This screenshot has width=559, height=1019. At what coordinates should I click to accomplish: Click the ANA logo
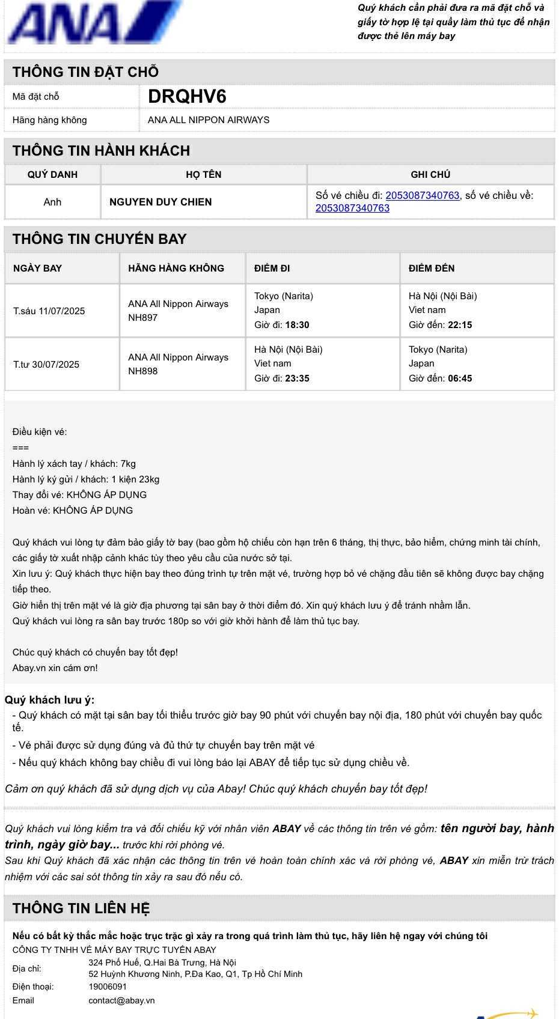tap(94, 23)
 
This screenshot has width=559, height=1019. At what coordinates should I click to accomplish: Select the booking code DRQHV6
tap(187, 97)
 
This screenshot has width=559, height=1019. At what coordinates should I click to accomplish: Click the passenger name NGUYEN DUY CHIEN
tap(160, 202)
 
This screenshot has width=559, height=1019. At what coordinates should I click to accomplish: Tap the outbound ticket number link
tap(422, 195)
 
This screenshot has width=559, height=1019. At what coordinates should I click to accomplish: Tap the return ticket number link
tap(352, 208)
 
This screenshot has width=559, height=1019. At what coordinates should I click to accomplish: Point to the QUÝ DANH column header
tap(52, 174)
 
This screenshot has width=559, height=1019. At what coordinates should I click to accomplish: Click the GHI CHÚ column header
tap(430, 174)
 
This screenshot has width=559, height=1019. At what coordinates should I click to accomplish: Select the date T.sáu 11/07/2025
tap(49, 311)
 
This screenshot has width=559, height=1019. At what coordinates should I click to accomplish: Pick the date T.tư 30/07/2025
tap(46, 364)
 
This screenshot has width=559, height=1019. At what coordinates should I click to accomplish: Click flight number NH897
tap(143, 317)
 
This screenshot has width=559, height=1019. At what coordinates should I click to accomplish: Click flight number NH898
tap(143, 371)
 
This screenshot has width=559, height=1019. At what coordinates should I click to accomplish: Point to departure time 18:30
tap(297, 325)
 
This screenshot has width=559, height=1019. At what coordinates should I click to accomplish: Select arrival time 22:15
tap(460, 325)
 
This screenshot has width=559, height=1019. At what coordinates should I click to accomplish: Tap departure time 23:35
tap(297, 379)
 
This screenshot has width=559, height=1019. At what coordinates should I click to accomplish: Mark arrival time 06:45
tap(460, 379)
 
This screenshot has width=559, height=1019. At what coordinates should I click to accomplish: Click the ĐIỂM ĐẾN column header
tap(432, 268)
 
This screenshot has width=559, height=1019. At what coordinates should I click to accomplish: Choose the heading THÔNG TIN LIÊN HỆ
tap(81, 908)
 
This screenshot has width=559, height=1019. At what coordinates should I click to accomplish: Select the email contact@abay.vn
tap(121, 1000)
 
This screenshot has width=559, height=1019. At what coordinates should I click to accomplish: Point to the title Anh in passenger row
tap(52, 202)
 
